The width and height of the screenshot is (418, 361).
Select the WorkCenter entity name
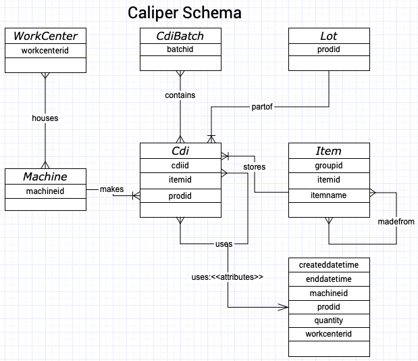[x=45, y=36]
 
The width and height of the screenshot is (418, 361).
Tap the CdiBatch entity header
[x=180, y=36]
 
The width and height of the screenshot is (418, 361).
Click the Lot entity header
[x=329, y=36]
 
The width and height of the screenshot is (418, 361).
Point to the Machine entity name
[x=45, y=176]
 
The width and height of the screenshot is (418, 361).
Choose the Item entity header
[x=329, y=151]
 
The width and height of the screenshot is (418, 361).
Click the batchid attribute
[x=180, y=50]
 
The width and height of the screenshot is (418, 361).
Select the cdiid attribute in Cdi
[x=180, y=166]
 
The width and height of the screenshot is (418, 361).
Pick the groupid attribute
[x=329, y=166]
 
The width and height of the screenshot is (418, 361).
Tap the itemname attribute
[x=329, y=195]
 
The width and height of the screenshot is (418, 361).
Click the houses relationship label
[x=45, y=118]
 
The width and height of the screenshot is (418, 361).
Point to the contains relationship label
[x=180, y=95]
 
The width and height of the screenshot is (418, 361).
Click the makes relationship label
[x=112, y=189]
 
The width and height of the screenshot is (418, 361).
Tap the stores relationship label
[x=254, y=167]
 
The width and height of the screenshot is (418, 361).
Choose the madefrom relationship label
[x=396, y=221]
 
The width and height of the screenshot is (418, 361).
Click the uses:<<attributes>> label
[x=227, y=277]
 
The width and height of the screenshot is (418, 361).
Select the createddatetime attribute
[x=329, y=264]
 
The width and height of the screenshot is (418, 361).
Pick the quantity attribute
[x=329, y=320]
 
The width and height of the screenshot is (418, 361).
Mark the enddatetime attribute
[x=329, y=279]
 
